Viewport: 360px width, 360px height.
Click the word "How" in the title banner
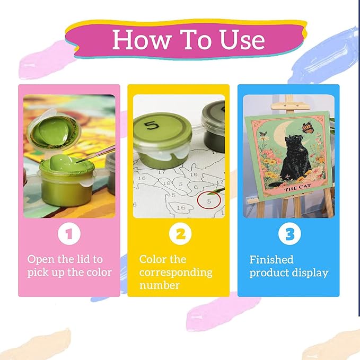pyautogui.click(x=142, y=39)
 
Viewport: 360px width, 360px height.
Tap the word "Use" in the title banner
pyautogui.click(x=242, y=39)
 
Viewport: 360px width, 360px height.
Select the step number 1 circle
pyautogui.click(x=69, y=234)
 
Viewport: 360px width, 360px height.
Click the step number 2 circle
pyautogui.click(x=180, y=234)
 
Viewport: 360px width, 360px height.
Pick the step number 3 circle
pyautogui.click(x=289, y=234)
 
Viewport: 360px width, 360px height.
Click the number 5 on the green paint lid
pyautogui.click(x=152, y=125)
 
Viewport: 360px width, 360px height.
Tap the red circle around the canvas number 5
pyautogui.click(x=209, y=200)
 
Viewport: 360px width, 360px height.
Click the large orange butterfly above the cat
pyautogui.click(x=307, y=128)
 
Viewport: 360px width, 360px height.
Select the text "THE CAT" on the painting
pyautogui.click(x=297, y=188)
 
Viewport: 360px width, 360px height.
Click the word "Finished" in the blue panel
pyautogui.click(x=271, y=260)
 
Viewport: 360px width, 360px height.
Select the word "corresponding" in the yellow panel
pyautogui.click(x=176, y=273)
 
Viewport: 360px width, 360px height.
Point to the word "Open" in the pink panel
pyautogui.click(x=41, y=260)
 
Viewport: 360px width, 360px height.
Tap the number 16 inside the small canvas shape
pyautogui.click(x=181, y=208)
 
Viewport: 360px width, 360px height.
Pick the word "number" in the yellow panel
pyautogui.click(x=160, y=285)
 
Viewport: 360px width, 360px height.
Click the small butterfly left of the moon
pyautogui.click(x=263, y=134)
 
